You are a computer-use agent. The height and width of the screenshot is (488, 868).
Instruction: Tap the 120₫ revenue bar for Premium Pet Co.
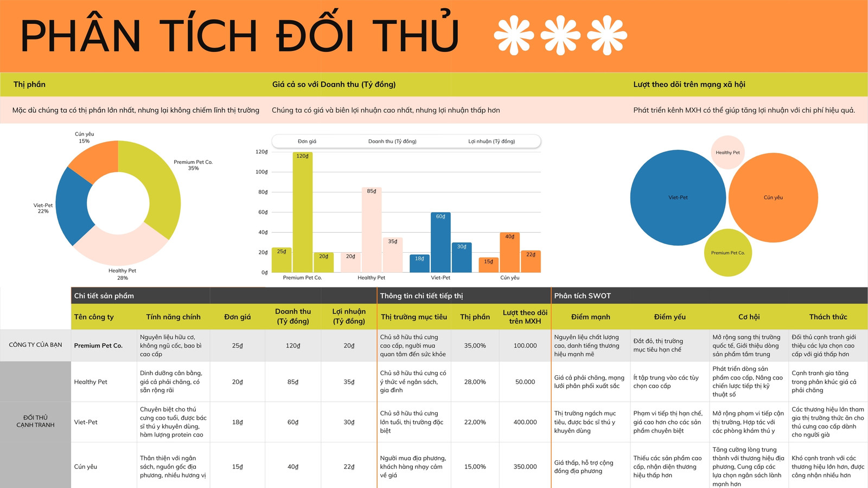point(303,212)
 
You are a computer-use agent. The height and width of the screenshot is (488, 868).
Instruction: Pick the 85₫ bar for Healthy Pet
point(372,230)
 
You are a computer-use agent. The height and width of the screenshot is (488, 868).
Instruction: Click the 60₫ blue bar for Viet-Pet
point(441,242)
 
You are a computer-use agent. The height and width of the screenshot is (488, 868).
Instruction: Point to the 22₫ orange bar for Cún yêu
point(531,261)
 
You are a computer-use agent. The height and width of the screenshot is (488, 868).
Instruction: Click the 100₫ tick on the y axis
point(261,172)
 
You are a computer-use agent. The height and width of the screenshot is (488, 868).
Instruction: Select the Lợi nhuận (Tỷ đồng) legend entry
point(492,142)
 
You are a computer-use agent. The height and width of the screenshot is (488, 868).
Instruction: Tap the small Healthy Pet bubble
point(727,152)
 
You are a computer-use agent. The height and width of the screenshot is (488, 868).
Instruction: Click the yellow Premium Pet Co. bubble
point(727,253)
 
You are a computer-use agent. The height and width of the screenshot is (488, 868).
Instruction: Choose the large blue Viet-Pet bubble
point(678,197)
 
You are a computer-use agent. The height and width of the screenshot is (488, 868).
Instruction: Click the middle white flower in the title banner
point(560,35)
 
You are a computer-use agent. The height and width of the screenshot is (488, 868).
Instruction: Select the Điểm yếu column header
point(669,317)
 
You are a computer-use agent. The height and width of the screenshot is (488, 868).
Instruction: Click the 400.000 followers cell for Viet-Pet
point(525,422)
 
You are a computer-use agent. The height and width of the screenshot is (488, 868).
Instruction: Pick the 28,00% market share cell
point(475,382)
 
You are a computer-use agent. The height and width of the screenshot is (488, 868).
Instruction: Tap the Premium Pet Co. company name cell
point(98,345)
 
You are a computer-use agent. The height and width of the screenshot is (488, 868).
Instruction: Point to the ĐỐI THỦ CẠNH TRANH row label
point(35,421)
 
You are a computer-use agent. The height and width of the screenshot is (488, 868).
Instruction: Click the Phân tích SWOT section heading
point(582,296)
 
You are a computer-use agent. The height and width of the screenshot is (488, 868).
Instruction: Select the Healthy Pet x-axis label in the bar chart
point(371,278)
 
